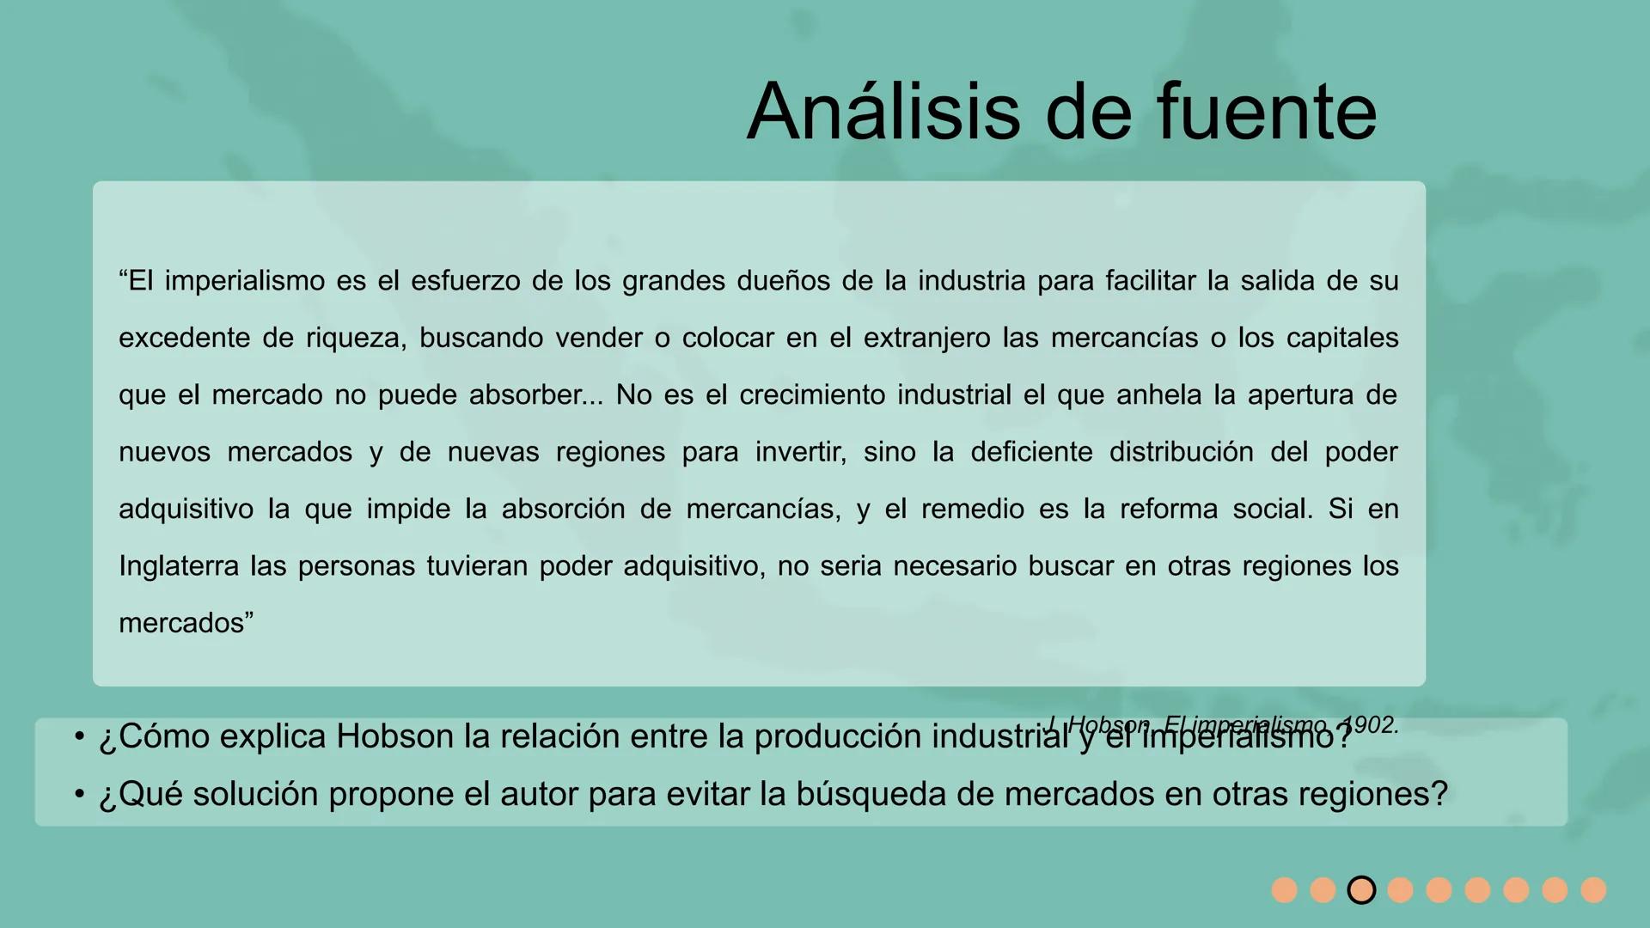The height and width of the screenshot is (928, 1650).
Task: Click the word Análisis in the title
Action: coord(886,112)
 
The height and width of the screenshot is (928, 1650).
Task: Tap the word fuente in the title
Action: coord(1267,112)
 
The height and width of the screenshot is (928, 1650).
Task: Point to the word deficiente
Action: coord(1031,452)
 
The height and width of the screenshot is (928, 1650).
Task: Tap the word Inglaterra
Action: coord(179,566)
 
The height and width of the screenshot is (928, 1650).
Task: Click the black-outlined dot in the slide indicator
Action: coord(1361,890)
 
